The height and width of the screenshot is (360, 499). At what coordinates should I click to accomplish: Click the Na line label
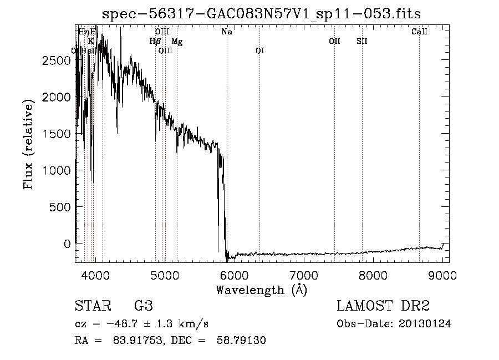[x=226, y=32]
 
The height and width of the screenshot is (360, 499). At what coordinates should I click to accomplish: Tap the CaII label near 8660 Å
[x=419, y=32]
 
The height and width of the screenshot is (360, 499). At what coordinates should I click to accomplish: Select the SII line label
[x=361, y=41]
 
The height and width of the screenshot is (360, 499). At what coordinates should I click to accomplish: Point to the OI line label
[x=259, y=50]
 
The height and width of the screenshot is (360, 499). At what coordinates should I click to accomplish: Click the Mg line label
[x=176, y=42]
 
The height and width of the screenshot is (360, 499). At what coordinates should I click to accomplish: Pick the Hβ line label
[x=155, y=41]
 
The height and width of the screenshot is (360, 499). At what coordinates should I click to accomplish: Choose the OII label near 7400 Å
[x=334, y=41]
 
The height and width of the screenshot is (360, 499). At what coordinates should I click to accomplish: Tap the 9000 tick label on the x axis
[x=442, y=275]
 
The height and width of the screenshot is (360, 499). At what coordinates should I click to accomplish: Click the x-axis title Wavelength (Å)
[x=261, y=290]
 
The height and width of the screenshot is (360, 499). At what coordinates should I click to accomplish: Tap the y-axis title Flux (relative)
[x=28, y=143]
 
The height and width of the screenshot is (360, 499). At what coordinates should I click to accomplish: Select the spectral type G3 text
[x=144, y=306]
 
